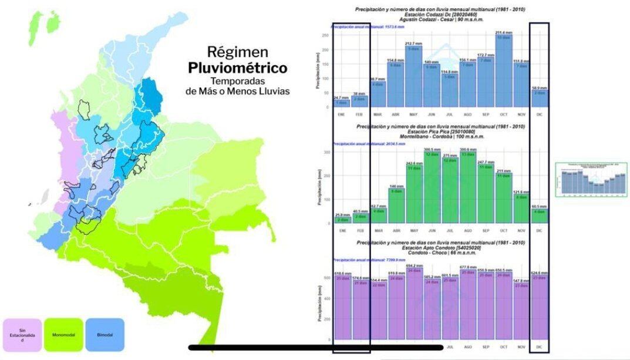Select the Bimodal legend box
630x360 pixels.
[x=105, y=335]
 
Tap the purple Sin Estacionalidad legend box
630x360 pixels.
[x=22, y=335]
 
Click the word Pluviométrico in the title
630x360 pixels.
[x=238, y=68]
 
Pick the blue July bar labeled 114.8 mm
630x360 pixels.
[x=449, y=91]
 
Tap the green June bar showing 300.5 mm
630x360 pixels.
[x=432, y=188]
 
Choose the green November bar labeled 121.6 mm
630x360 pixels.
[x=521, y=208]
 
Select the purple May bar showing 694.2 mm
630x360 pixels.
[x=413, y=305]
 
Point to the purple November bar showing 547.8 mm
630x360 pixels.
[x=521, y=311]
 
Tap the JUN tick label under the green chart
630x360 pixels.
[x=432, y=230]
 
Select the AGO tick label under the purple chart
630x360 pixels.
[x=467, y=347]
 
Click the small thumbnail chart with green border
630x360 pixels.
[x=591, y=180]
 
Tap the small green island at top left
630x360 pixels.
[x=52, y=21]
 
